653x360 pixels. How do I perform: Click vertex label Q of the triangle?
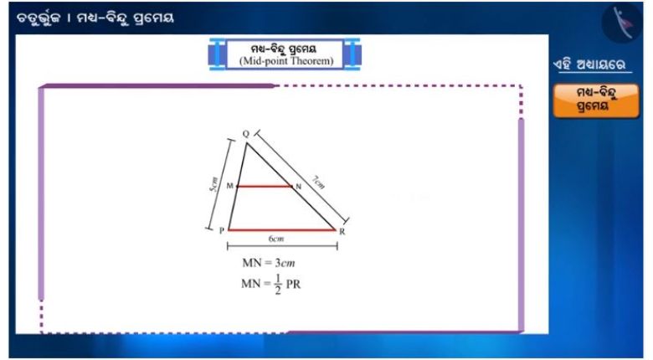click(x=245, y=134)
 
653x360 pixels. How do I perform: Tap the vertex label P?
click(x=222, y=230)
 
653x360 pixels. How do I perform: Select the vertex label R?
click(x=342, y=232)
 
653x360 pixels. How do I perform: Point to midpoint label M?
click(x=230, y=186)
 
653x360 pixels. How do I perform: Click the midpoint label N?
click(x=298, y=187)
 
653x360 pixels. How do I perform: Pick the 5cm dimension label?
click(x=213, y=184)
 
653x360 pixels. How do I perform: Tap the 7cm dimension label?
click(x=319, y=182)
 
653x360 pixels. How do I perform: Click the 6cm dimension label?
click(x=276, y=239)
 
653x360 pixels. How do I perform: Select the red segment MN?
click(x=265, y=186)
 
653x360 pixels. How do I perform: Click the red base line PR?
click(x=282, y=229)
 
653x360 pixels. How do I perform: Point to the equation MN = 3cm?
click(x=269, y=263)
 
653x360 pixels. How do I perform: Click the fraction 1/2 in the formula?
click(x=278, y=284)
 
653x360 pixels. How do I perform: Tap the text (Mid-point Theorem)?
click(x=286, y=61)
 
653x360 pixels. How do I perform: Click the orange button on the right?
click(x=596, y=100)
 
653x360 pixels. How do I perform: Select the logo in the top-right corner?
click(x=622, y=23)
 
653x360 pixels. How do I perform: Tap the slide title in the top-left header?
click(x=95, y=18)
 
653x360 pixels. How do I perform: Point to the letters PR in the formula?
click(x=293, y=285)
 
